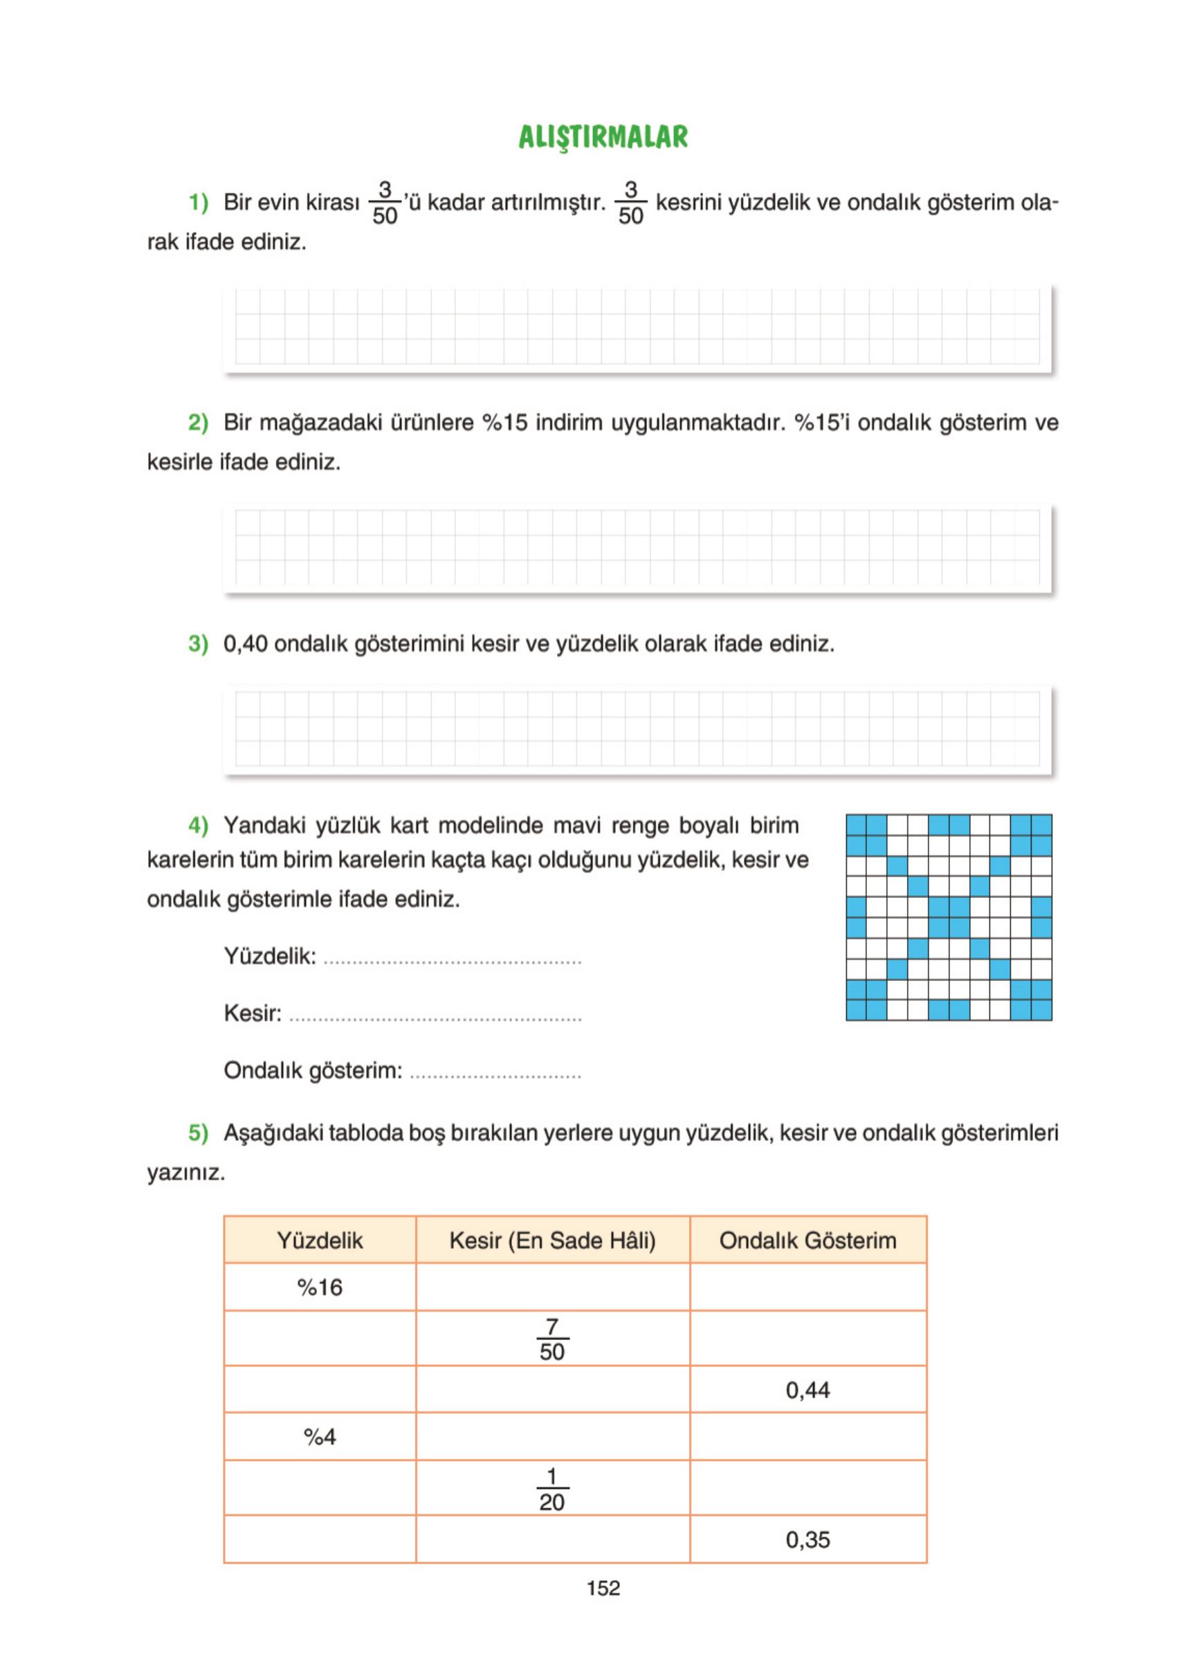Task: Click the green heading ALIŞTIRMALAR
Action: [x=603, y=137]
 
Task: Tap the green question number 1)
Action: [x=198, y=202]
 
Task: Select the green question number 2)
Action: [x=198, y=422]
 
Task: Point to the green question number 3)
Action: [x=198, y=643]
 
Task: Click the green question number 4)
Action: [x=198, y=825]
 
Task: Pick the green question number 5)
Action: [x=198, y=1133]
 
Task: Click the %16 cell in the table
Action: [x=319, y=1287]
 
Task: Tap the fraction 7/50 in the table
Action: [x=552, y=1339]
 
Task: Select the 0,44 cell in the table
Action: [x=808, y=1390]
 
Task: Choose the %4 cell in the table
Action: [x=319, y=1438]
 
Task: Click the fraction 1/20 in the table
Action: [x=552, y=1490]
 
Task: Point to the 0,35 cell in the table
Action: [x=808, y=1540]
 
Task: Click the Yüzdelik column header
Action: [x=319, y=1240]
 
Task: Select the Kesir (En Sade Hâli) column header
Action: [x=552, y=1240]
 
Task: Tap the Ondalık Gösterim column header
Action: [x=808, y=1240]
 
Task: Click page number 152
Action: [x=603, y=1588]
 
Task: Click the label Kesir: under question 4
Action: [x=252, y=1013]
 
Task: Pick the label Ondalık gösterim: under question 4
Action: [x=313, y=1071]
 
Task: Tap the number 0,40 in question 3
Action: [x=246, y=643]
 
